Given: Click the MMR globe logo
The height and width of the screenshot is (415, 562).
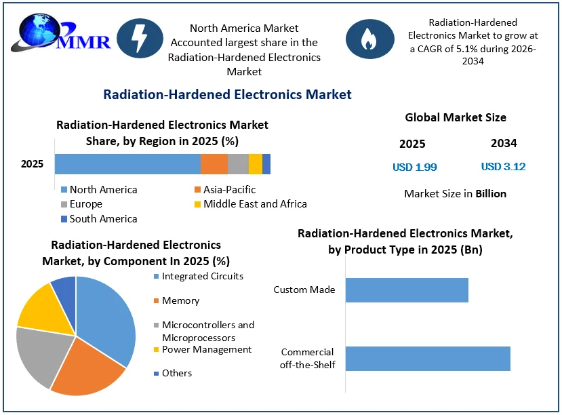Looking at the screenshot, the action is [x=60, y=33].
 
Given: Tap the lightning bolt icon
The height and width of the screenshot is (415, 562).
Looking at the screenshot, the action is [x=140, y=39].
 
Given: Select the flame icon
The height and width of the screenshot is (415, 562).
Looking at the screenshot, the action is [x=370, y=39].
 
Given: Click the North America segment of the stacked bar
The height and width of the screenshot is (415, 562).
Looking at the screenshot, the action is [x=127, y=164].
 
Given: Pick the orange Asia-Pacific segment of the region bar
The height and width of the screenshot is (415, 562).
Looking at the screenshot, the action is [x=214, y=164].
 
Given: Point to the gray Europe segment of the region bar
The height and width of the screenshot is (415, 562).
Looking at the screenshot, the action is [x=238, y=164].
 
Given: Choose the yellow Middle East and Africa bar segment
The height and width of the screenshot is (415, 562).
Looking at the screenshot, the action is [x=256, y=164].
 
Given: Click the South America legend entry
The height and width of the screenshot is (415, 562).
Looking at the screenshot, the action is [x=99, y=218].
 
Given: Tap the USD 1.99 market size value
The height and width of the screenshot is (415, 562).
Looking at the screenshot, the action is [x=415, y=167].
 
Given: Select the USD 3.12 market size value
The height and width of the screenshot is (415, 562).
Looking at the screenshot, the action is [x=503, y=167].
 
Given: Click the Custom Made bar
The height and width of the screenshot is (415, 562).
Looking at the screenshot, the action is [x=407, y=290].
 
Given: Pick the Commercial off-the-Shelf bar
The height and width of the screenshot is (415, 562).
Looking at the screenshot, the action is [x=428, y=358].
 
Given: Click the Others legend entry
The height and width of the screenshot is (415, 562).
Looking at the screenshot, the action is [x=173, y=373].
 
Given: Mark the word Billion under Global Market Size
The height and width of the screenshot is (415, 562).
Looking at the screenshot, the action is [x=491, y=193].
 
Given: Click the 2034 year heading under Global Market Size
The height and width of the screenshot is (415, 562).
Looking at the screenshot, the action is [x=504, y=143].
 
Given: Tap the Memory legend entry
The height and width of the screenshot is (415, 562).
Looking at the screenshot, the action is [x=176, y=300].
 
